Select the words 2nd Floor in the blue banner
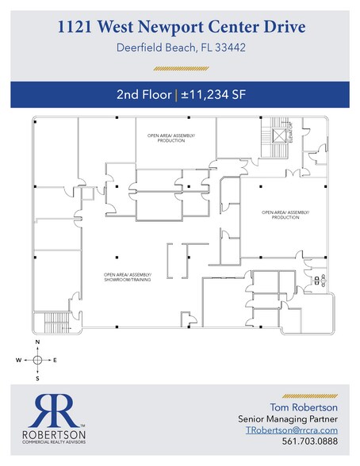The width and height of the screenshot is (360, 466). click(143, 95)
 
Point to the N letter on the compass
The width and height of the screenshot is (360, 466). click(37, 342)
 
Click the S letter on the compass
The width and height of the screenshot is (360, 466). click(37, 378)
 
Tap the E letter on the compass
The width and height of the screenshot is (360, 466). click(56, 360)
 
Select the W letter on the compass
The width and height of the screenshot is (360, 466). click(18, 360)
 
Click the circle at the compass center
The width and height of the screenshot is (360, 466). click(37, 360)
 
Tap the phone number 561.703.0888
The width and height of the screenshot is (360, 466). click(316, 446)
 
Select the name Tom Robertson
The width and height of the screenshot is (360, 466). click(304, 407)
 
